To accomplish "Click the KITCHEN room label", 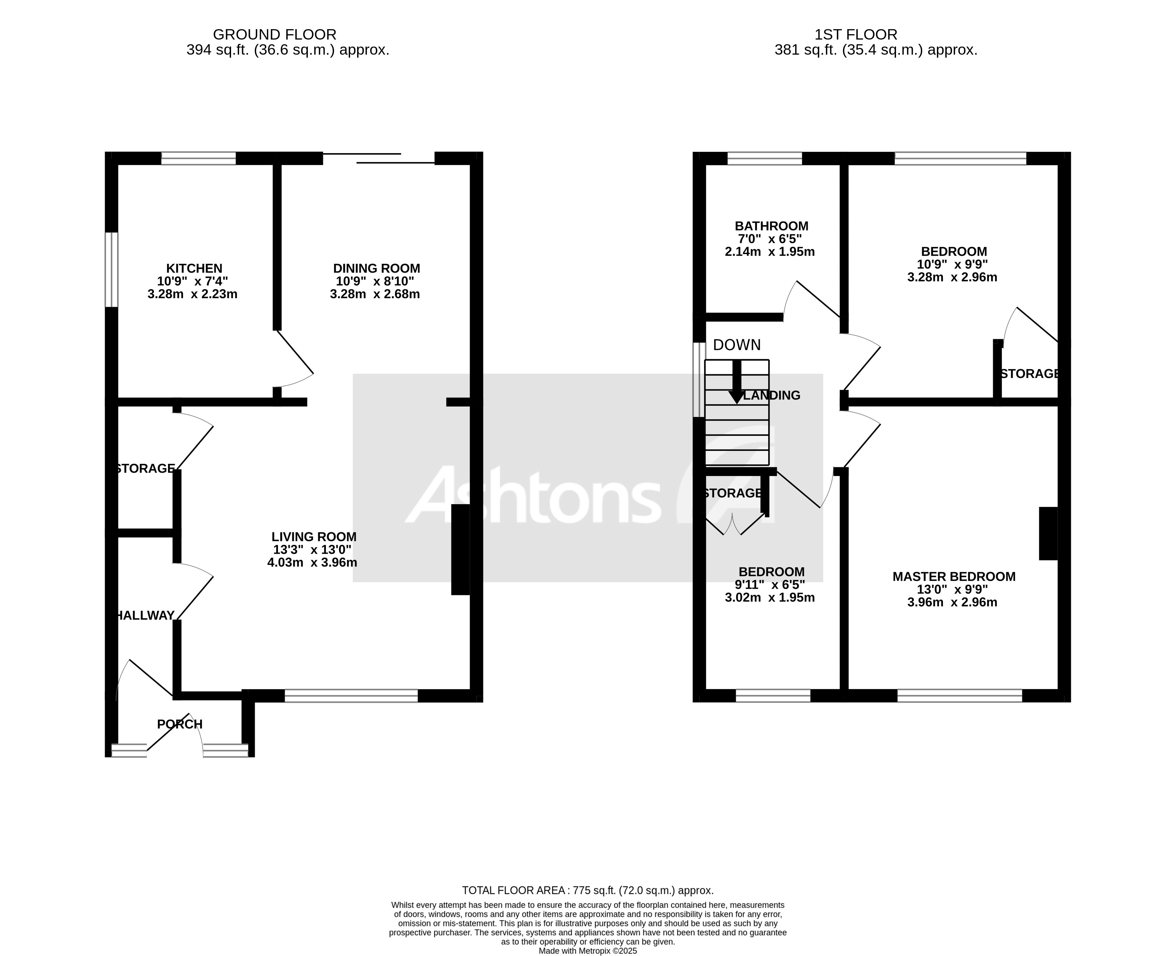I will point(194,268).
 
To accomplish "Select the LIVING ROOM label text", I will point(314,536).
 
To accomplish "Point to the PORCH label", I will point(179,724).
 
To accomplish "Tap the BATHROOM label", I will point(771,226).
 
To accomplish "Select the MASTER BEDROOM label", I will point(953,577).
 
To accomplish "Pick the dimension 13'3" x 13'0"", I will point(312,550).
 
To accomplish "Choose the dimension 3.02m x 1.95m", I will point(770,597).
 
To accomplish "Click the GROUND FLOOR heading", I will point(274,35).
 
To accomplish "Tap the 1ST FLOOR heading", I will point(855,35).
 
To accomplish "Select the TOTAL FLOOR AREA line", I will point(587,890).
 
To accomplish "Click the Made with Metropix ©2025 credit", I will point(587,951).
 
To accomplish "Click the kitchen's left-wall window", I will point(112,269).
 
